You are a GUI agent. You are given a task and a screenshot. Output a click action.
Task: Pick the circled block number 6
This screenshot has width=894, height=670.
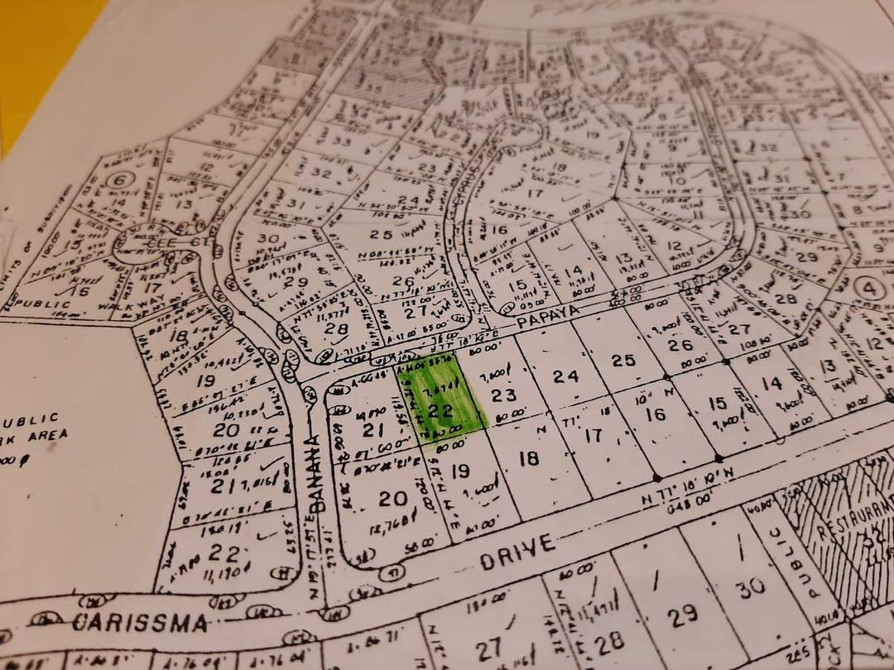(x=121, y=179)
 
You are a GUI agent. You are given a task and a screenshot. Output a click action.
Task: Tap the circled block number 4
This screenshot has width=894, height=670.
(x=868, y=289)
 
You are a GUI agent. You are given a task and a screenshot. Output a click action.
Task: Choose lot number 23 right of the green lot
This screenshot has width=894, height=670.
(x=503, y=395)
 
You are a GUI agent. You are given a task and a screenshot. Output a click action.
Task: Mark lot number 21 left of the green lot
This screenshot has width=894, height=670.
(x=374, y=428)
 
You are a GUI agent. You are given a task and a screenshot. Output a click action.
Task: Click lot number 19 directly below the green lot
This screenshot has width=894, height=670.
(x=461, y=471)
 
